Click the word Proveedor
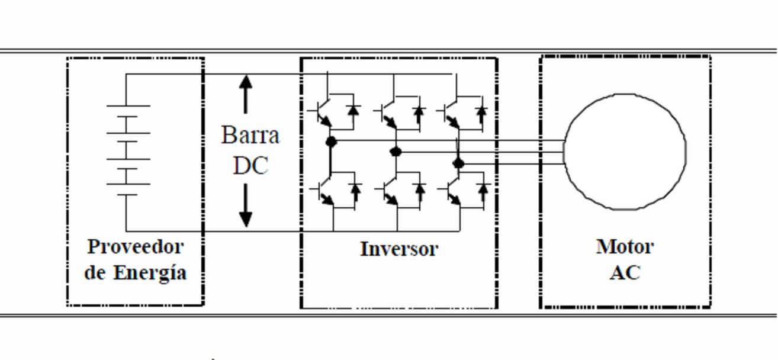(136, 247)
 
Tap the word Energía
(150, 273)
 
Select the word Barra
(250, 135)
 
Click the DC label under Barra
(251, 165)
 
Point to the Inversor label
(399, 249)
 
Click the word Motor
(625, 247)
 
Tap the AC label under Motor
(625, 272)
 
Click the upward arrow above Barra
(246, 94)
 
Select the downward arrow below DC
(246, 205)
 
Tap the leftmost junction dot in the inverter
(331, 142)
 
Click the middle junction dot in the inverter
(396, 152)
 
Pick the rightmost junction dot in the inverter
(458, 163)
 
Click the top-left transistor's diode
(353, 111)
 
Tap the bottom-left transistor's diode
(355, 189)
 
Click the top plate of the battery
(128, 105)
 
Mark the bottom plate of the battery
(127, 195)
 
